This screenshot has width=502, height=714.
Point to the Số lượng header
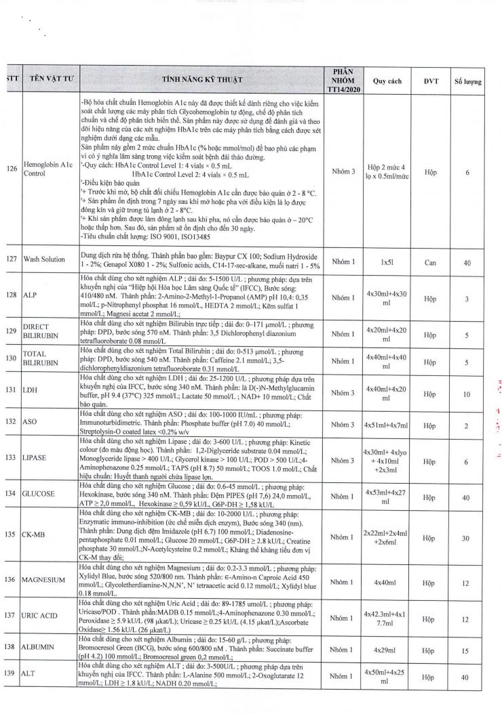click(x=468, y=81)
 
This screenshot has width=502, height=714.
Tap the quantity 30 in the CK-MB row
click(x=468, y=539)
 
